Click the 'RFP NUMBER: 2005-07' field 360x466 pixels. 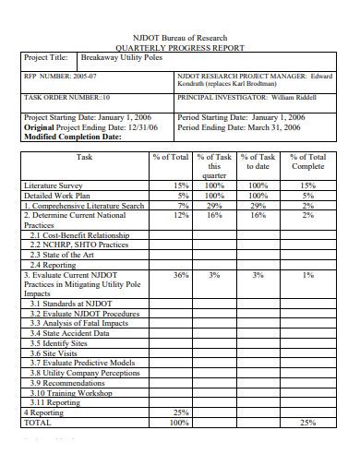pyautogui.click(x=57, y=76)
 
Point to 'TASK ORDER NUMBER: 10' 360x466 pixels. pyautogui.click(x=67, y=96)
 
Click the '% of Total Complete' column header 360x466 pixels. pyautogui.click(x=308, y=163)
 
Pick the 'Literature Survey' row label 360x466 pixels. pyautogui.click(x=54, y=185)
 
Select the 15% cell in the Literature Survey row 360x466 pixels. pyautogui.click(x=181, y=185)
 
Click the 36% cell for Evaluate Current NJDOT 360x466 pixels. pyautogui.click(x=181, y=274)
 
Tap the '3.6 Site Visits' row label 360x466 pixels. pyautogui.click(x=56, y=352)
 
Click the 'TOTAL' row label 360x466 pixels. pyautogui.click(x=39, y=422)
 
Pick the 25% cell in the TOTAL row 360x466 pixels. pyautogui.click(x=308, y=422)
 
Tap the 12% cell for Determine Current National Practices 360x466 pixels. pyautogui.click(x=181, y=215)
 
